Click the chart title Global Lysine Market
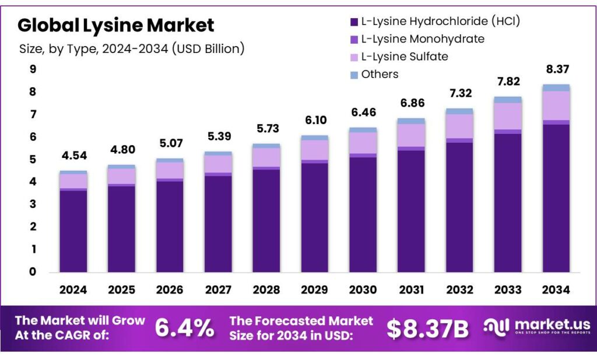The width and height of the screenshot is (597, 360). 116,26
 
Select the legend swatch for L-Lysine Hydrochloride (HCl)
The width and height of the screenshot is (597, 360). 353,22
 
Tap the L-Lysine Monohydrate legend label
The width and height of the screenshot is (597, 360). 423,39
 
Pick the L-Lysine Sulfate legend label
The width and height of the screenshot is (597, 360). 405,57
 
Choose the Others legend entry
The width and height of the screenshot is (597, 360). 380,74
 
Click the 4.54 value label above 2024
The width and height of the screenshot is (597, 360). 73,156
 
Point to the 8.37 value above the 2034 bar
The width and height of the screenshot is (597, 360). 556,69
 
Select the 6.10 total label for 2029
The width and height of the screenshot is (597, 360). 314,121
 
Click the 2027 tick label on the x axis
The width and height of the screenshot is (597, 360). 218,290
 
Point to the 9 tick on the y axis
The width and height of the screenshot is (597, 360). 33,69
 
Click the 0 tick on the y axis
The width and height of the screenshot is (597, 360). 33,271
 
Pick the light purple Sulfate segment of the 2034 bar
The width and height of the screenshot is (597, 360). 556,105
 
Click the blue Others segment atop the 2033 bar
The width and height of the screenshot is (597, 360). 507,100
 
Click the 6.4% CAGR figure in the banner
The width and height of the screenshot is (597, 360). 184,329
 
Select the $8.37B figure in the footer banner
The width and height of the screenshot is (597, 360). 427,329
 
